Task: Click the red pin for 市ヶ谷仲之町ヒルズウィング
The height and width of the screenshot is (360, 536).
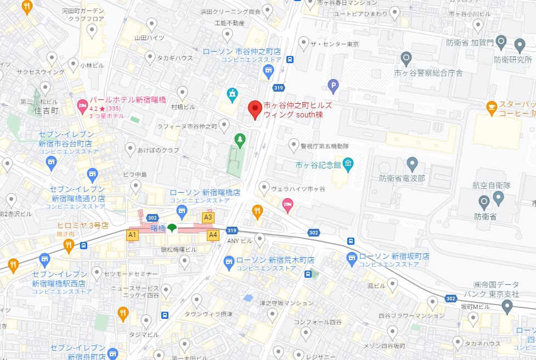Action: tap(255, 109)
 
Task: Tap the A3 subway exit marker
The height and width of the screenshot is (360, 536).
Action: tap(208, 217)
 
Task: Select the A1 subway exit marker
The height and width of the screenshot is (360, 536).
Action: tap(132, 235)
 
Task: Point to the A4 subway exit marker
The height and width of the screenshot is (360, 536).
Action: tap(213, 235)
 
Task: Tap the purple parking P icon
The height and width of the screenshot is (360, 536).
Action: tap(332, 85)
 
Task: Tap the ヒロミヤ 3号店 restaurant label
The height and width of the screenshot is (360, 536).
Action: tap(83, 226)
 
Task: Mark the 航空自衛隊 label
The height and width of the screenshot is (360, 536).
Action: tap(492, 185)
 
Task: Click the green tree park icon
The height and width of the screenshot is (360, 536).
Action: tap(239, 140)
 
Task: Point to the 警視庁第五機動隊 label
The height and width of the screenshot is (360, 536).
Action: tap(325, 146)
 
